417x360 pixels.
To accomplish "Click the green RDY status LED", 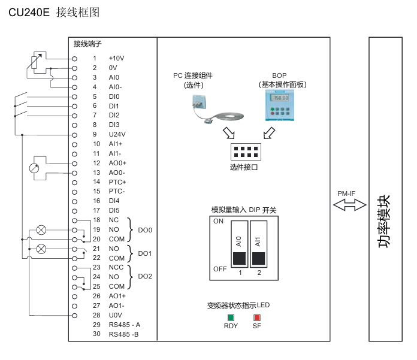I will click(x=231, y=317).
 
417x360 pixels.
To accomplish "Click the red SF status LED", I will click(x=256, y=317).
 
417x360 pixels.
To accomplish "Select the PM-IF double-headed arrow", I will click(x=350, y=205).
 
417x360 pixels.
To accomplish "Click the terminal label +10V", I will click(x=116, y=59).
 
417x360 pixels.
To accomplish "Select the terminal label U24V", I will click(x=117, y=134).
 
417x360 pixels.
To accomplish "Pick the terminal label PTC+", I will click(x=117, y=182).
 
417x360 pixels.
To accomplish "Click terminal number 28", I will click(x=96, y=315).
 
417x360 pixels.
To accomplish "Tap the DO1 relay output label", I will click(x=145, y=253).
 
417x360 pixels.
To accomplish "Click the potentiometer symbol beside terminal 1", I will click(x=37, y=62).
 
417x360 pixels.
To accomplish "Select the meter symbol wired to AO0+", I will click(x=34, y=168).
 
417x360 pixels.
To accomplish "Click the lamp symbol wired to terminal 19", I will click(x=41, y=229).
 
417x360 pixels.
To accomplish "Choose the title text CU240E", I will click(x=29, y=12).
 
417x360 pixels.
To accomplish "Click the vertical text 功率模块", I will click(x=384, y=222).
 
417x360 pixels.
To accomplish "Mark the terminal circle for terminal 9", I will click(x=75, y=135).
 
